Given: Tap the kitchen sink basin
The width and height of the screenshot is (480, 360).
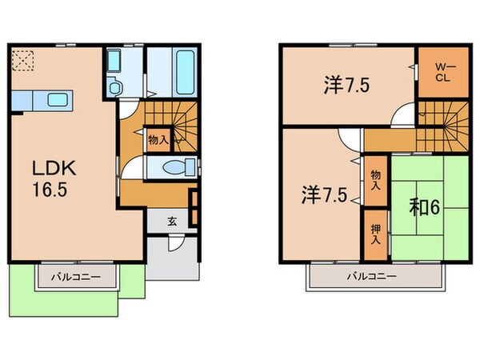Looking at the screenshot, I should [x=58, y=100].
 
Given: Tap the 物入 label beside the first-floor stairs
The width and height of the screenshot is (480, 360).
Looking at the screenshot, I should [x=158, y=139].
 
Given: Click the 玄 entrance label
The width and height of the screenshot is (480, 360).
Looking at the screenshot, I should [x=171, y=222].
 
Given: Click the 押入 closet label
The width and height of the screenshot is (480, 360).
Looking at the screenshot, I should [x=375, y=233].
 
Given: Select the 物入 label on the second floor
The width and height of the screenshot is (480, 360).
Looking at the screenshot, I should [x=375, y=179].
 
